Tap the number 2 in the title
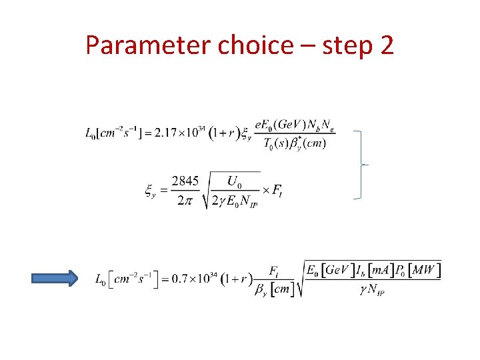tap(385, 45)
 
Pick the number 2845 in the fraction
tap(185, 182)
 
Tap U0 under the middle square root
tap(234, 181)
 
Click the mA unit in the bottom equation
tap(377, 270)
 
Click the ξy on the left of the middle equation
tap(152, 191)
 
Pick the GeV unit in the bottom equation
tap(334, 270)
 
